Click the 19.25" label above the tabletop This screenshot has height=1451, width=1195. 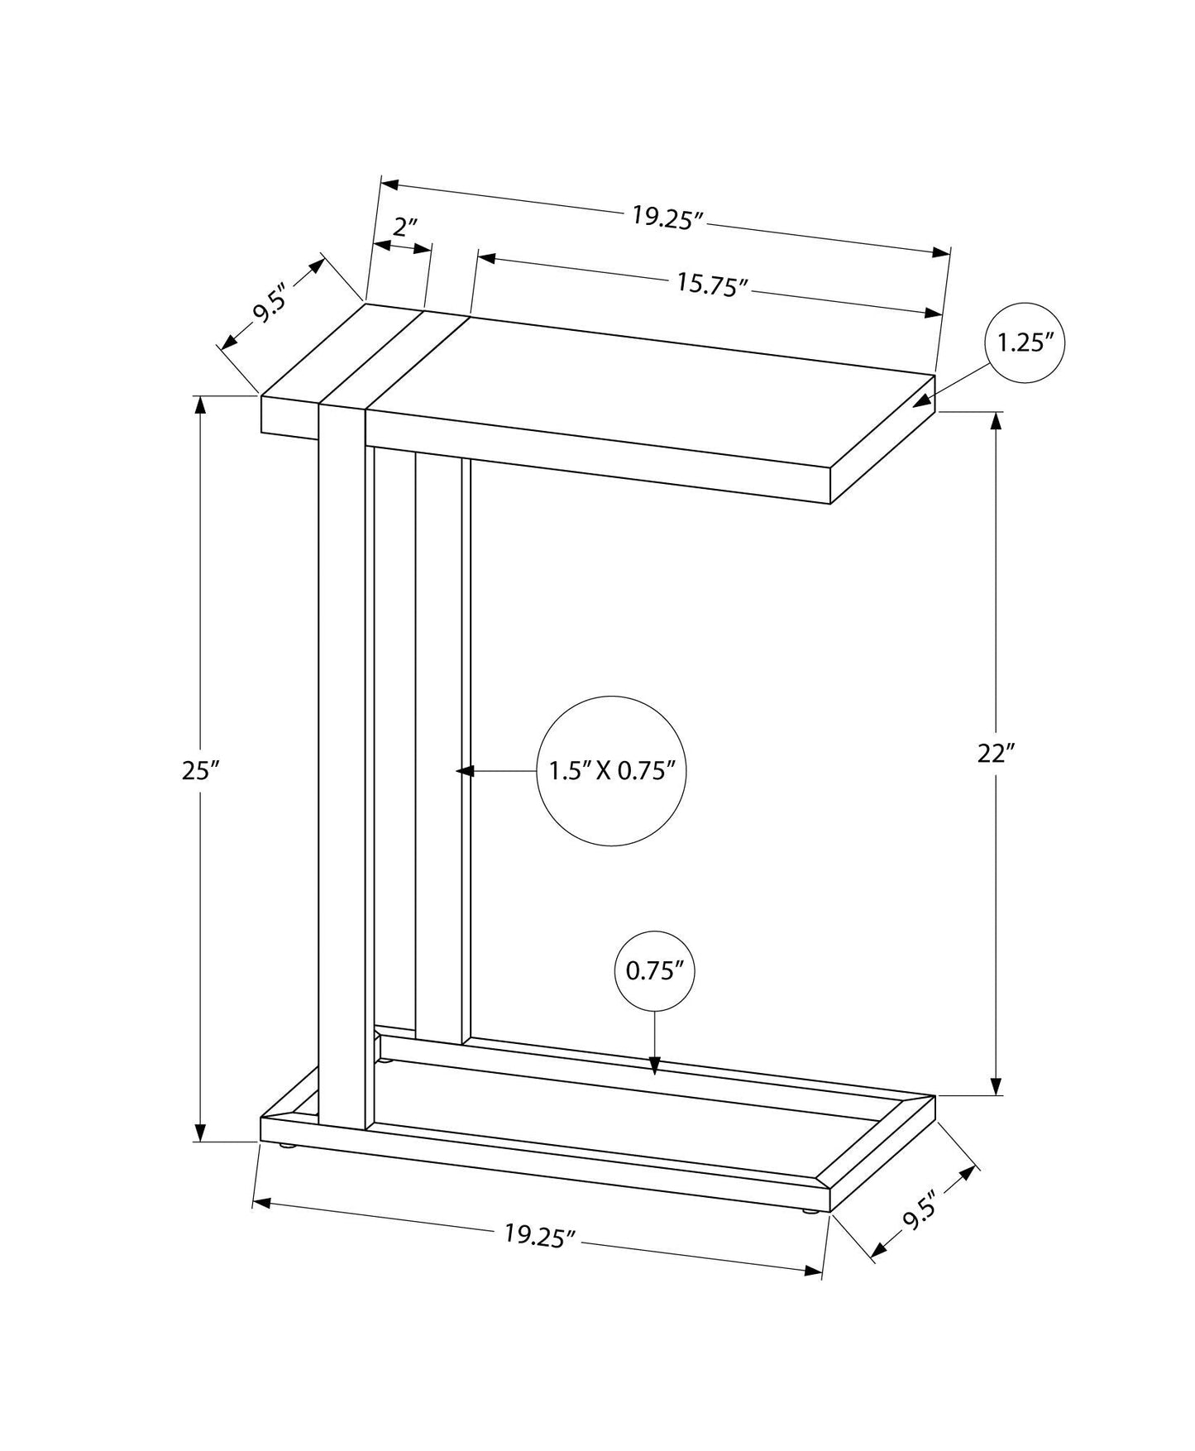pos(667,218)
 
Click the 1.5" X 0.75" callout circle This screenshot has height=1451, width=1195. pos(612,771)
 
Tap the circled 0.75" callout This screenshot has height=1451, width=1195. pos(654,971)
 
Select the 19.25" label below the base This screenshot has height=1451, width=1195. pos(540,1236)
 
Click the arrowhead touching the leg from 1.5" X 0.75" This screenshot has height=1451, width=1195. pos(464,771)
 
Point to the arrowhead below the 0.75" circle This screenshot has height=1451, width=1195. pos(654,1066)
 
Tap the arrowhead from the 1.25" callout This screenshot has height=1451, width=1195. pos(921,402)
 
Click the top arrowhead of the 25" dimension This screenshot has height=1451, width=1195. pos(199,406)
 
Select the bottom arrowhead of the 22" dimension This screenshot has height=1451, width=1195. pos(997,1085)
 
